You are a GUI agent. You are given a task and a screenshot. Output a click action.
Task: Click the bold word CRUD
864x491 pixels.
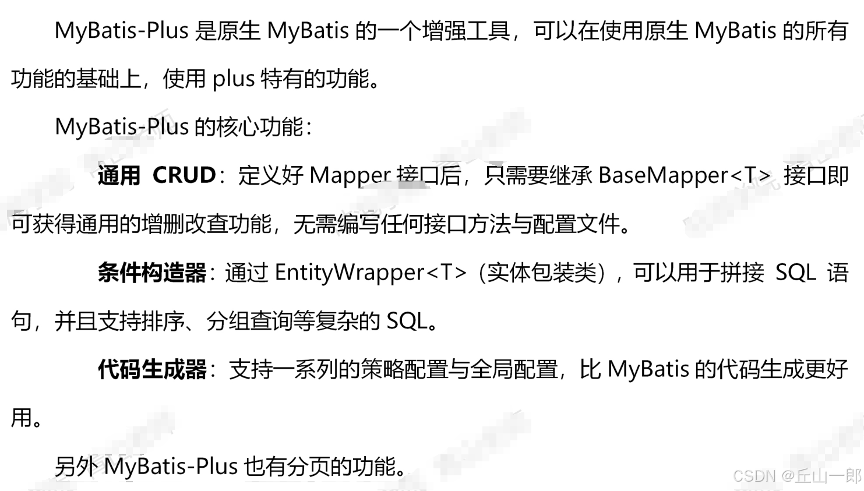pyautogui.click(x=184, y=175)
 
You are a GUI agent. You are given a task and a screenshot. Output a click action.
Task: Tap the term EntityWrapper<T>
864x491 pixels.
pyautogui.click(x=371, y=273)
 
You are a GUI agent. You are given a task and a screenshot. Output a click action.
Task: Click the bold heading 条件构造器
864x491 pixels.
pyautogui.click(x=152, y=273)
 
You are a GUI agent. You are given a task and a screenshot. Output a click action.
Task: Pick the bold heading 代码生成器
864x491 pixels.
pyautogui.click(x=152, y=369)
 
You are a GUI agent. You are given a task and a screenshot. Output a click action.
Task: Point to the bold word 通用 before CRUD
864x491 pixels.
pyautogui.click(x=119, y=175)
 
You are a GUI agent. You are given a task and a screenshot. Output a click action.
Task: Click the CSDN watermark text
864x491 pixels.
pyautogui.click(x=754, y=476)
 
